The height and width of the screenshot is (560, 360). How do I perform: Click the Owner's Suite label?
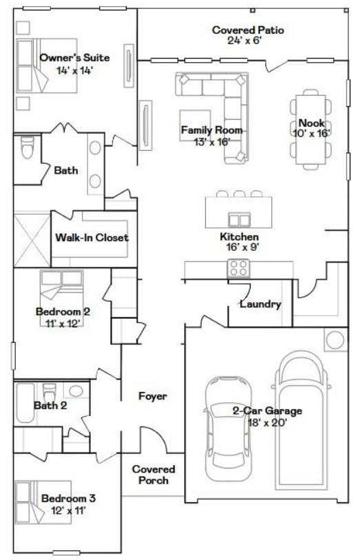pyautogui.click(x=74, y=58)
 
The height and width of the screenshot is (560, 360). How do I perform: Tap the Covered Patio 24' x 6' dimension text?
pyautogui.click(x=245, y=41)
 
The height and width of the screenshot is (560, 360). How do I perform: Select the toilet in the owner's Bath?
pyautogui.click(x=27, y=147)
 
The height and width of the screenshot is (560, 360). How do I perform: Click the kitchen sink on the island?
pyautogui.click(x=239, y=219)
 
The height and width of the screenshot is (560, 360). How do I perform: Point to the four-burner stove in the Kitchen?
pyautogui.click(x=239, y=268)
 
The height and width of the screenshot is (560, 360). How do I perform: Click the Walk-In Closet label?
pyautogui.click(x=92, y=238)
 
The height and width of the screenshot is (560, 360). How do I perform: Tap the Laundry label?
pyautogui.click(x=260, y=304)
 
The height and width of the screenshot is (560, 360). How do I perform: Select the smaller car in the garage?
pyautogui.click(x=227, y=428)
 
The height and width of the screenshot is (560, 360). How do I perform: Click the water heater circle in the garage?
pyautogui.click(x=335, y=340)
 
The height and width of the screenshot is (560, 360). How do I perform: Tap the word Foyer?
pyautogui.click(x=153, y=396)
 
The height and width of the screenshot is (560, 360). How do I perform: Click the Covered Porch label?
pyautogui.click(x=153, y=475)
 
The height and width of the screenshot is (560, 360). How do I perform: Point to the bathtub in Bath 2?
pyautogui.click(x=25, y=403)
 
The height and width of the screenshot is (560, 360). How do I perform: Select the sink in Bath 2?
pyautogui.click(x=76, y=391)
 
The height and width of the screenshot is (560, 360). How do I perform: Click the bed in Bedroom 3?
pyautogui.click(x=43, y=502)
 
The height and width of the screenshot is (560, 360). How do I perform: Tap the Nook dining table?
pyautogui.click(x=310, y=129)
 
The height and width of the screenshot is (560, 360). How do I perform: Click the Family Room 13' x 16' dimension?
pyautogui.click(x=211, y=142)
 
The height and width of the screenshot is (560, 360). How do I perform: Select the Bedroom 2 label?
pyautogui.click(x=63, y=311)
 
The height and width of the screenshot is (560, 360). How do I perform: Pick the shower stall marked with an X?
pyautogui.click(x=32, y=240)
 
